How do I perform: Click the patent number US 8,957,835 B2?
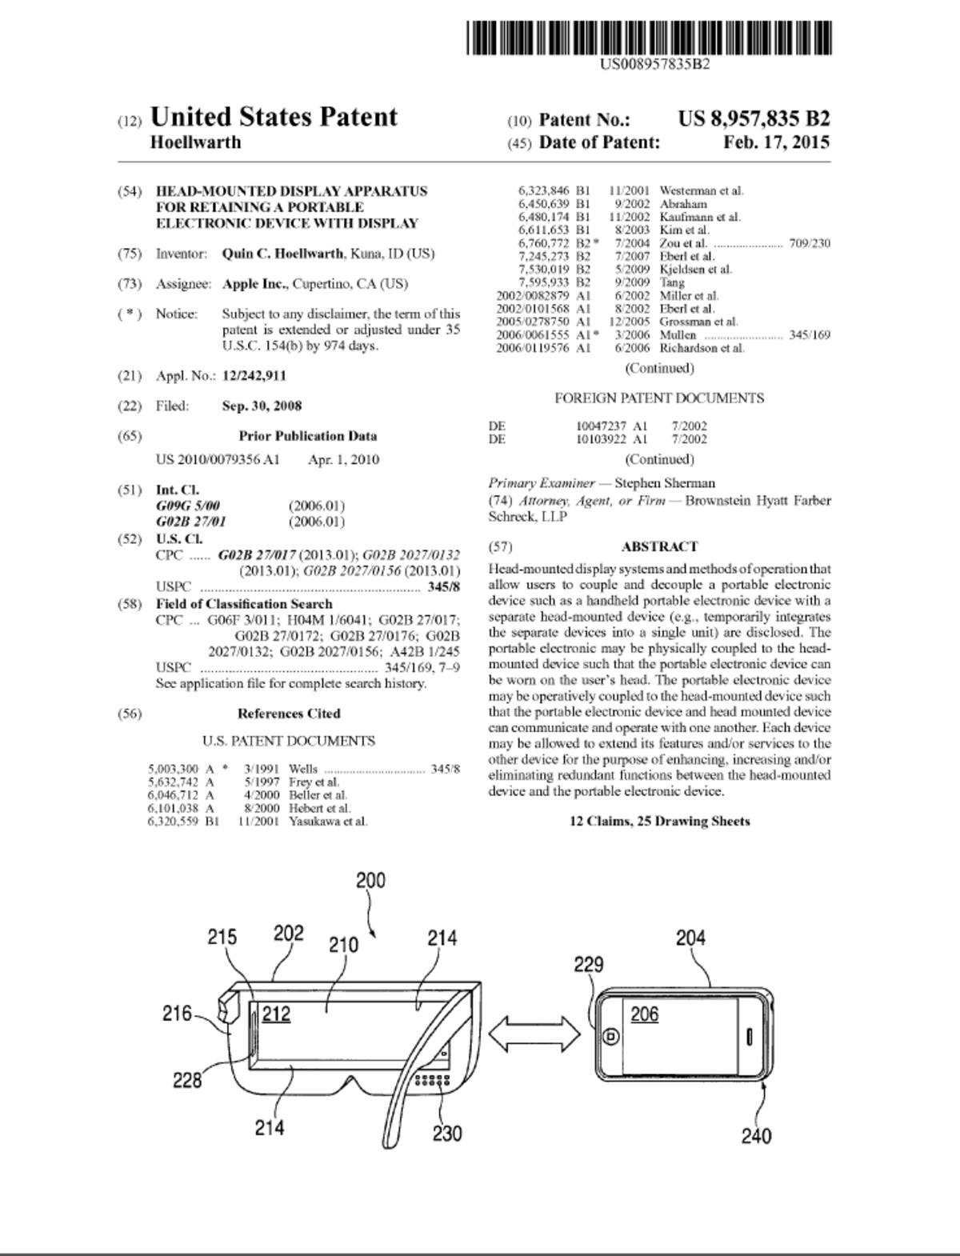click(754, 118)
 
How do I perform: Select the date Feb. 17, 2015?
click(776, 142)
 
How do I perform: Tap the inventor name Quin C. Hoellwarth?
click(282, 254)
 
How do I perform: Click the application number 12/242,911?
click(254, 376)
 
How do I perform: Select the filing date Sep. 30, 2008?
click(262, 406)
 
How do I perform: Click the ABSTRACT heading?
click(659, 546)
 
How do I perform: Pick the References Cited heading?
click(289, 714)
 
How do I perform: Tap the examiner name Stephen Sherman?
click(664, 483)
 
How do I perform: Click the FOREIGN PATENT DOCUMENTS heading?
click(659, 398)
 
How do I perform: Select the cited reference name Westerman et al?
click(702, 190)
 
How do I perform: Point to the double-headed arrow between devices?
click(534, 1034)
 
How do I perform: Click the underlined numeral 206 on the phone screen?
click(645, 1014)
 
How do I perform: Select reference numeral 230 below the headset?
click(446, 1133)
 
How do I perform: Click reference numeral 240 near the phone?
click(756, 1135)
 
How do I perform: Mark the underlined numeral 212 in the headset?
click(276, 1014)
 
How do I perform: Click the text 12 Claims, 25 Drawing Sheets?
click(659, 821)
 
